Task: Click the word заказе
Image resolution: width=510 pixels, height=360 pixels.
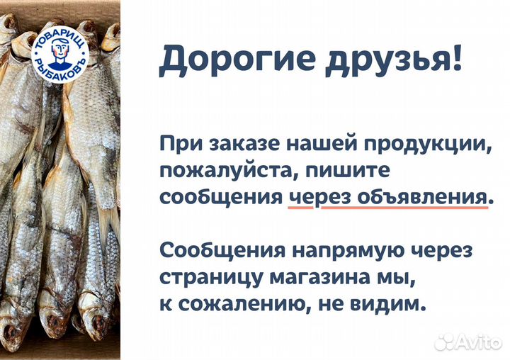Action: tap(234, 145)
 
